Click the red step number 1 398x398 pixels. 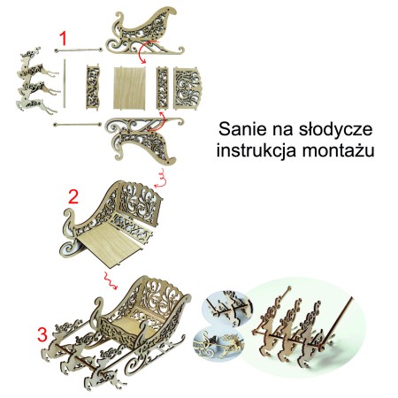pyautogui.click(x=64, y=37)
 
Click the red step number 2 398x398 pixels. pyautogui.click(x=75, y=195)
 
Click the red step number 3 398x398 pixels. pyautogui.click(x=41, y=335)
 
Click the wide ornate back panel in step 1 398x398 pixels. pyautogui.click(x=190, y=88)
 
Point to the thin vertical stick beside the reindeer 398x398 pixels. pyautogui.click(x=63, y=88)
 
